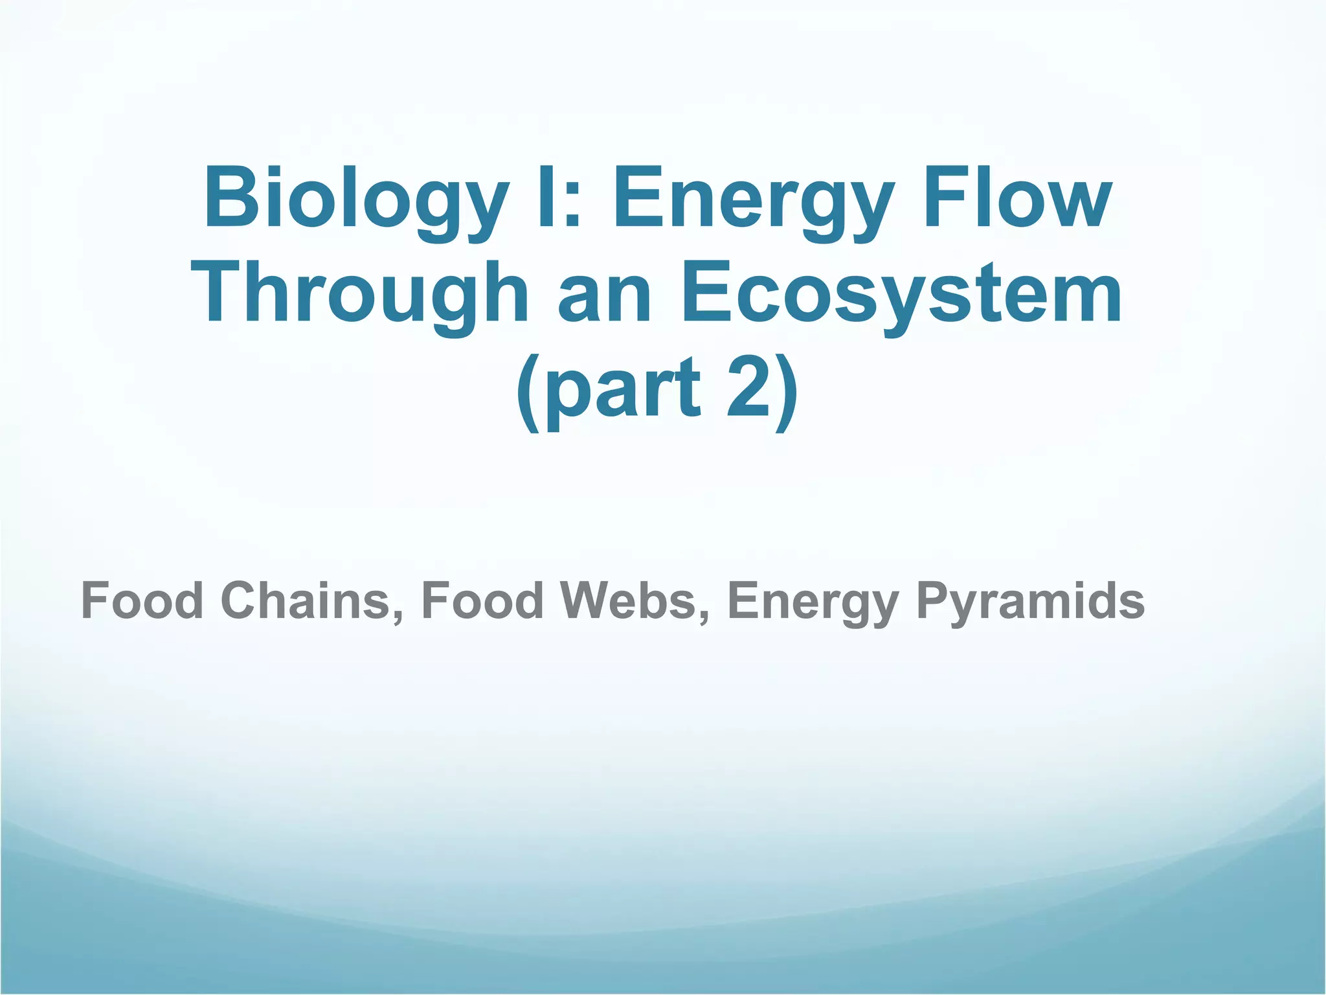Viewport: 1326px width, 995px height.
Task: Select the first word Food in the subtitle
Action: click(142, 600)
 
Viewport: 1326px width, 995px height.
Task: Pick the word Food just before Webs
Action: click(482, 600)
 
